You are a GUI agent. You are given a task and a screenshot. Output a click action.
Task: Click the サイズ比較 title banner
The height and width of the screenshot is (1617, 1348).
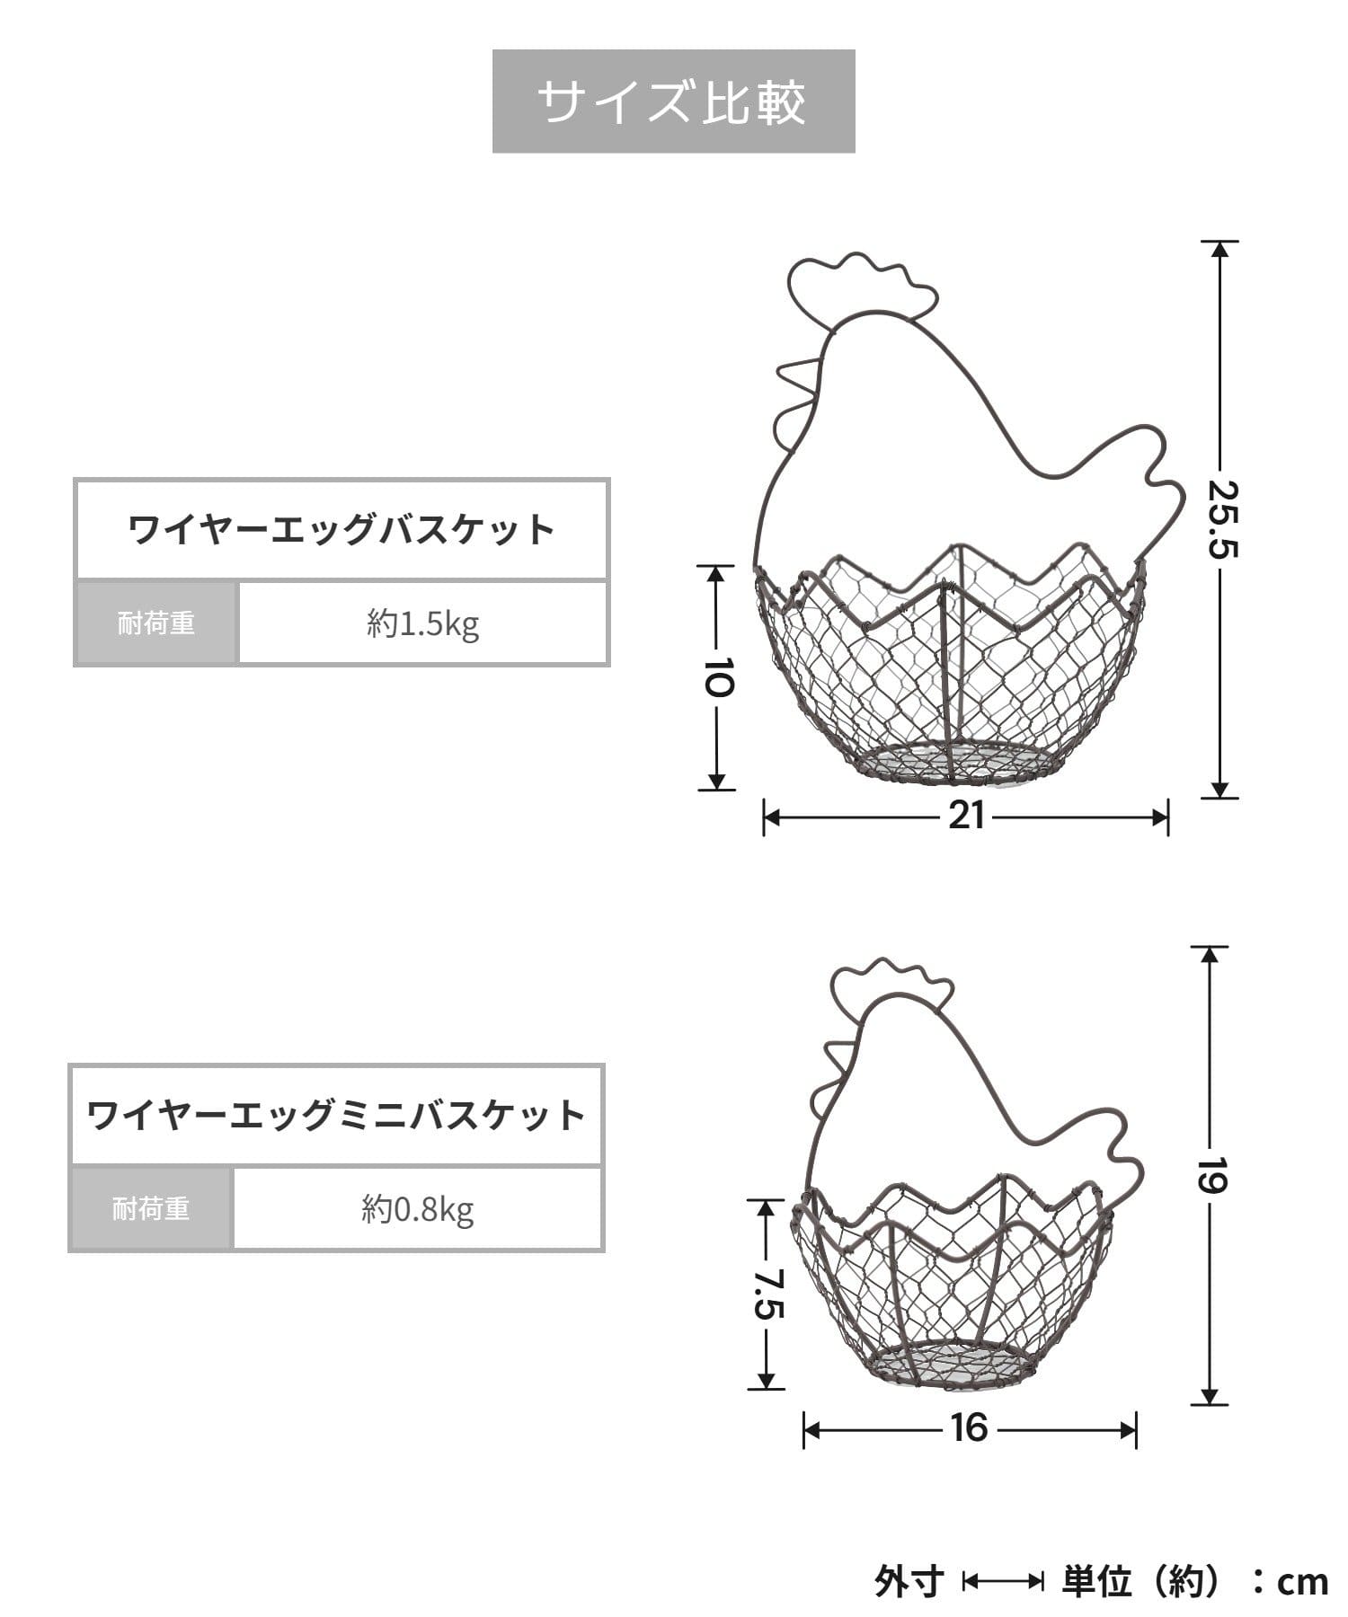click(673, 102)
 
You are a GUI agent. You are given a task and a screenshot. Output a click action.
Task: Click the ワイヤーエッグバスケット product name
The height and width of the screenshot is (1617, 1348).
click(341, 530)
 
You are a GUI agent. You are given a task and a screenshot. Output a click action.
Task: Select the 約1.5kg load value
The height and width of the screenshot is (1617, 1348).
click(422, 623)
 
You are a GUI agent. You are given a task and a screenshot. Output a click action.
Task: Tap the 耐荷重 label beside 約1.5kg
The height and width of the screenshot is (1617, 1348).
click(156, 623)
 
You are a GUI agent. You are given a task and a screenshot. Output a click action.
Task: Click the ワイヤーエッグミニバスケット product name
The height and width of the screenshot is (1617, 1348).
click(336, 1116)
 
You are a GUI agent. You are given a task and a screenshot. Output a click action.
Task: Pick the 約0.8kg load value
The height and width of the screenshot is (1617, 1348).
click(418, 1210)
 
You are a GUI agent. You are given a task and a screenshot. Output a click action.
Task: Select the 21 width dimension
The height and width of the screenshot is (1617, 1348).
click(966, 817)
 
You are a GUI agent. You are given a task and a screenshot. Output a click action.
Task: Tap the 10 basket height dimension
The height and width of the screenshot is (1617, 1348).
click(717, 677)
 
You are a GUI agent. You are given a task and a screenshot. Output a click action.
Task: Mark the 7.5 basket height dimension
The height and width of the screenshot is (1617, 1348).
click(767, 1294)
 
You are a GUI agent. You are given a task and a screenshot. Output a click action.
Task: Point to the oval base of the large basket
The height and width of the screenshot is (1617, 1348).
click(958, 764)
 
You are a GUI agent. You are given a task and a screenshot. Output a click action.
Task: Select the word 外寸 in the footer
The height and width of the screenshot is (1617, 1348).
click(909, 1582)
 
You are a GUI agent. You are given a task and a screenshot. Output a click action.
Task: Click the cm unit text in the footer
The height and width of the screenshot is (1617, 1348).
click(1301, 1582)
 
